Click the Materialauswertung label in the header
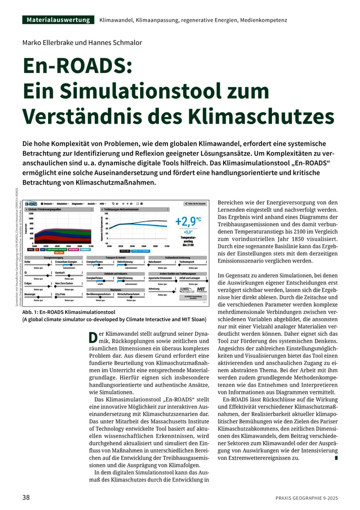[58, 20]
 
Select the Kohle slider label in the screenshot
[28, 262]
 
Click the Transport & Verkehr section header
[115, 257]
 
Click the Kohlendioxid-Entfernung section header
[177, 257]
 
